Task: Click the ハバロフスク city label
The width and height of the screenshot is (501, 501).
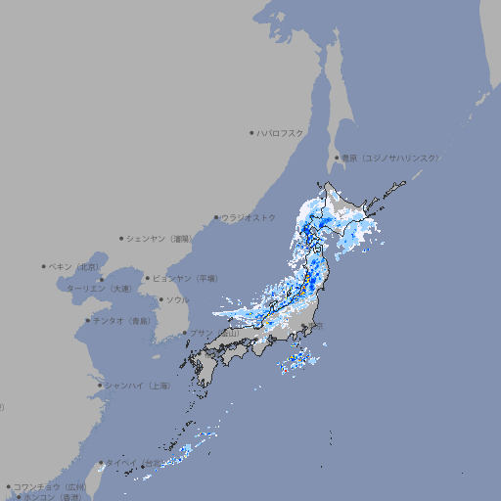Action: point(281,132)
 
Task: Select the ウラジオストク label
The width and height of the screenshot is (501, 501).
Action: point(249,217)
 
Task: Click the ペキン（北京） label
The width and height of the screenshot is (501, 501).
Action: point(74,266)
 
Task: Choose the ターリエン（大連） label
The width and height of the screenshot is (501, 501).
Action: point(99,289)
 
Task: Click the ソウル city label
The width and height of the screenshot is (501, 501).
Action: point(177,299)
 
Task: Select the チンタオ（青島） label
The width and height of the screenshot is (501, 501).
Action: point(121,321)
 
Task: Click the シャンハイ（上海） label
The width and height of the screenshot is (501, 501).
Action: point(137,386)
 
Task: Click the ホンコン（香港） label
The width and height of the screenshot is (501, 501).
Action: point(53,497)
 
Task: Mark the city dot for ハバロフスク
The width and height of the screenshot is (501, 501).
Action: point(251,132)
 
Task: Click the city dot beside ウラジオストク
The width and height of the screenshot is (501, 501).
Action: point(216,217)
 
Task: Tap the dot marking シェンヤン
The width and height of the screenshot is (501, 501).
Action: point(122,238)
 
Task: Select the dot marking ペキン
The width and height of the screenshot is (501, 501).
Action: point(44,266)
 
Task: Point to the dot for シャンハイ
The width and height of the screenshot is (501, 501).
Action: point(100,386)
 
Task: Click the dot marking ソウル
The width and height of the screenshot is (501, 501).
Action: point(160,299)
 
